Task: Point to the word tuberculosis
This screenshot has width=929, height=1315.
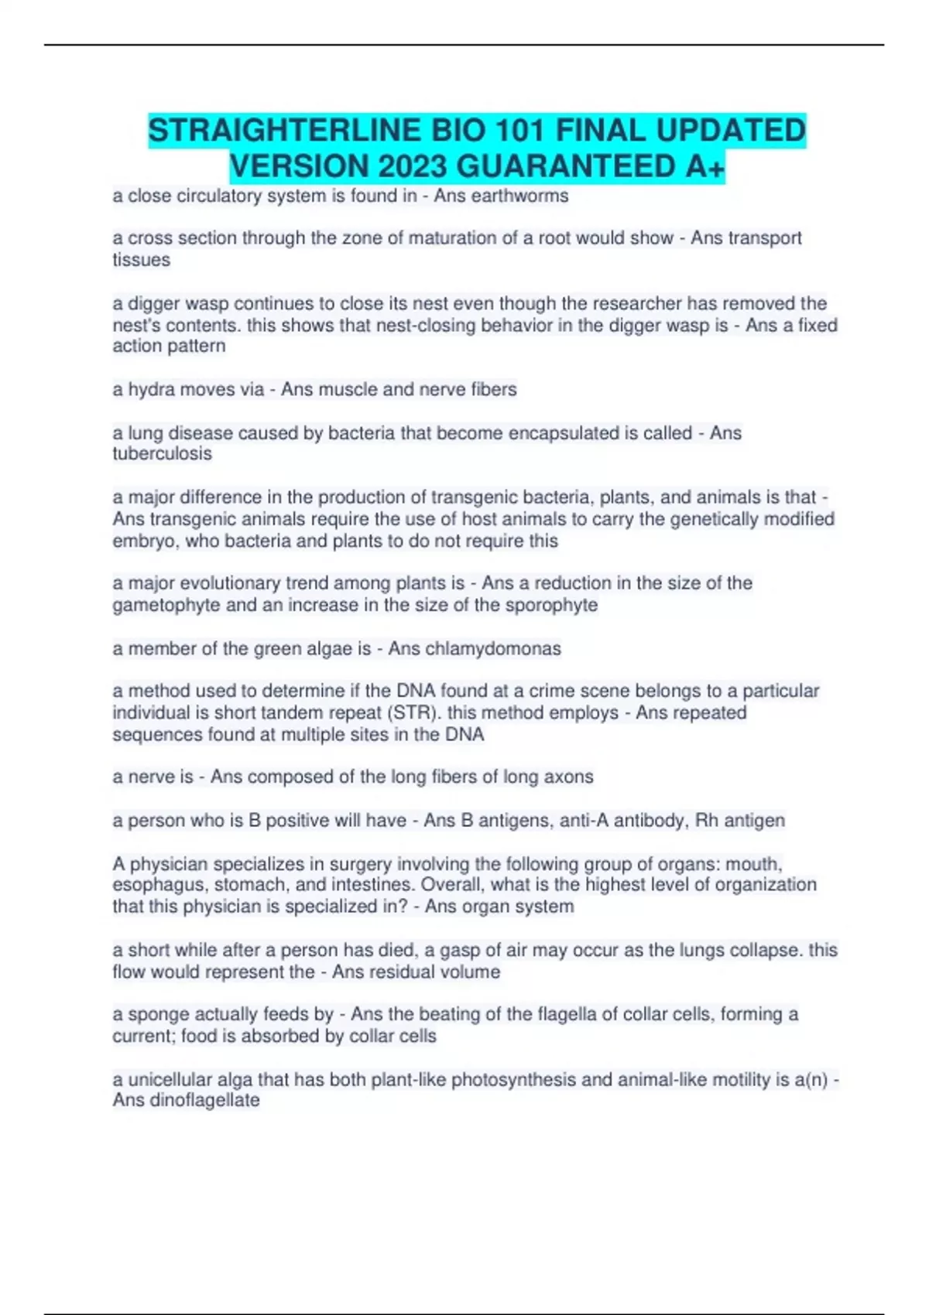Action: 162,453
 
